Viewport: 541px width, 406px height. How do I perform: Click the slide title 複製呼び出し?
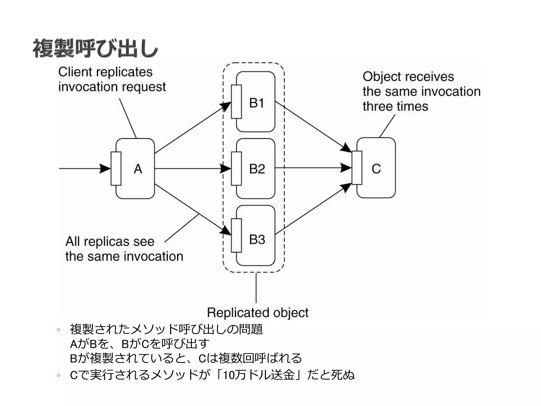point(95,49)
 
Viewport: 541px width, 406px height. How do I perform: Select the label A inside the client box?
point(138,169)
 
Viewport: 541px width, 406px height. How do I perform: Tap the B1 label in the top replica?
point(256,103)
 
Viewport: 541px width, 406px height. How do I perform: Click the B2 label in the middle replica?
point(257,169)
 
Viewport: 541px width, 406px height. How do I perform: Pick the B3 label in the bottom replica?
point(257,239)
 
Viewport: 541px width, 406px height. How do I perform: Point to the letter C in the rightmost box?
point(376,169)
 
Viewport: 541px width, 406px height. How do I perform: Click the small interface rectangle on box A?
point(116,169)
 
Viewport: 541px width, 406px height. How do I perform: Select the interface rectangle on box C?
point(357,168)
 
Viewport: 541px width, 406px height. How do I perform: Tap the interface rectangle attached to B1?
point(236,102)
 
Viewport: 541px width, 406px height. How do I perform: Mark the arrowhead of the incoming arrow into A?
point(105,169)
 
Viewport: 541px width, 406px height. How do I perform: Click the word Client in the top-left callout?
point(75,72)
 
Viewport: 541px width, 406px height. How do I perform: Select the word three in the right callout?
point(377,106)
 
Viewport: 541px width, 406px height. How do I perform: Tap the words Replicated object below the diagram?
point(258,313)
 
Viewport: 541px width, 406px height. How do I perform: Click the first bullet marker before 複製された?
point(59,330)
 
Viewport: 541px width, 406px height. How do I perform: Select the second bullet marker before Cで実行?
point(59,375)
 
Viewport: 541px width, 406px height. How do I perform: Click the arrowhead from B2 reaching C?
point(346,168)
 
